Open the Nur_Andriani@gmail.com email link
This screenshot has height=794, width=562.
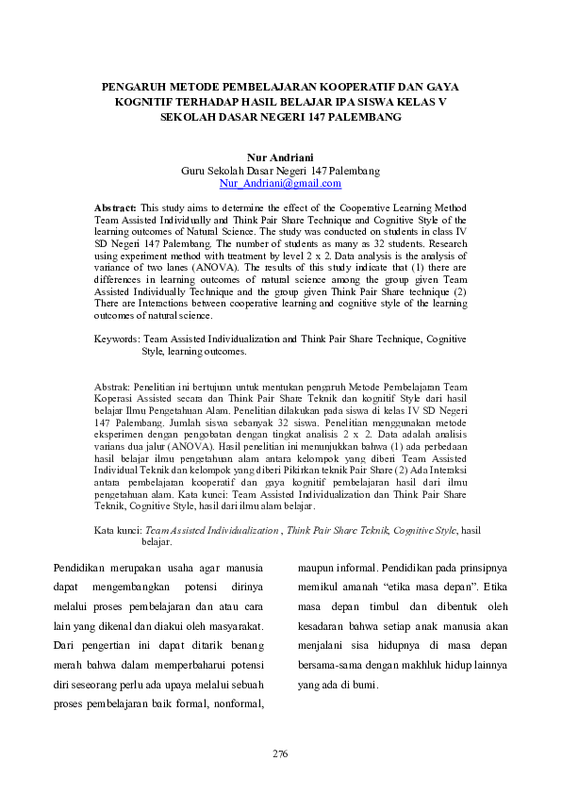(x=280, y=182)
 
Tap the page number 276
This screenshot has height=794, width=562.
(x=279, y=753)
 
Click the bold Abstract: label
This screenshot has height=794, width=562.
(x=116, y=206)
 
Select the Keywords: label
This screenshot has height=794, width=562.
(x=117, y=337)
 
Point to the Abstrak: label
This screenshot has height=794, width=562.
(x=114, y=388)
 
